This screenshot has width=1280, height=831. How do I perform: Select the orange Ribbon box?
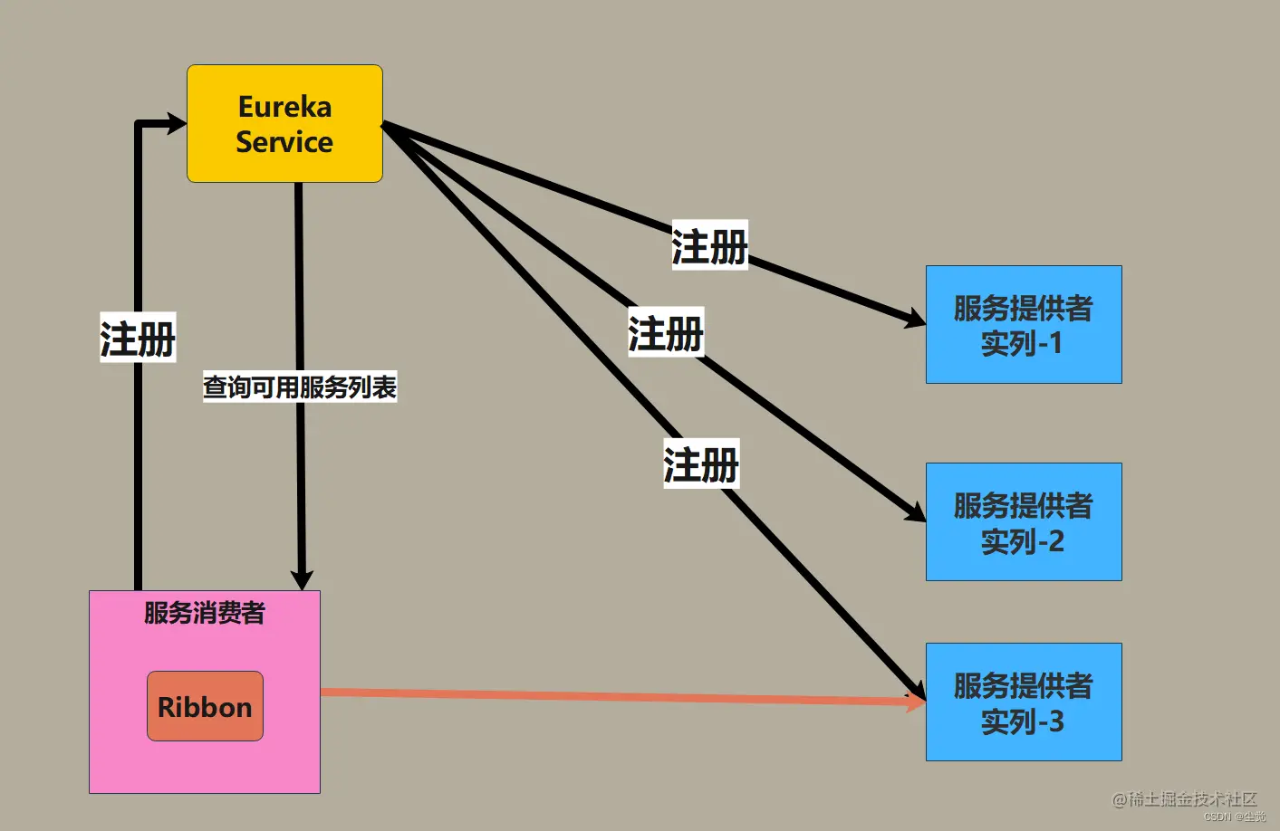click(205, 706)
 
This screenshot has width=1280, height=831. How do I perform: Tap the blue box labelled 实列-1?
click(1024, 324)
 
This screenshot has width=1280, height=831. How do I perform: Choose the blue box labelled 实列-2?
click(1024, 521)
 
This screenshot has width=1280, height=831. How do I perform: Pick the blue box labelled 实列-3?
click(1024, 702)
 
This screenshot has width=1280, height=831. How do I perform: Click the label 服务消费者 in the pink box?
click(205, 613)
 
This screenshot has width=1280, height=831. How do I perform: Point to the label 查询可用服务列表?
click(300, 387)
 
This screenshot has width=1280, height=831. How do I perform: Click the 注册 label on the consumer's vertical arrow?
click(138, 339)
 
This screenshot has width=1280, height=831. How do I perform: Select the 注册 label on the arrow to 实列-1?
click(709, 245)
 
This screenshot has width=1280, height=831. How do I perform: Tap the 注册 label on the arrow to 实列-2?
click(666, 332)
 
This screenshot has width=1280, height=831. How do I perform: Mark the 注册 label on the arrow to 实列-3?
click(701, 464)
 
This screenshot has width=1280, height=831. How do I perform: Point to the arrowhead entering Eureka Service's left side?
click(176, 123)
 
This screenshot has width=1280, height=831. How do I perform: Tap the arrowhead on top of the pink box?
click(302, 579)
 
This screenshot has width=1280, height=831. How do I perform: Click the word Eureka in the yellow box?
click(284, 107)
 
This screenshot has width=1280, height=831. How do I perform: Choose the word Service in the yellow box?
click(284, 142)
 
